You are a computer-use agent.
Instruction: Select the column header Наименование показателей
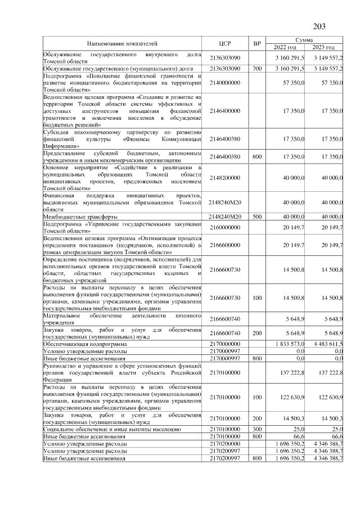tap(122, 43)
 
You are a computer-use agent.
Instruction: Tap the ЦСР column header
tap(225, 43)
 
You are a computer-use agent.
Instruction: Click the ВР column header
tap(257, 43)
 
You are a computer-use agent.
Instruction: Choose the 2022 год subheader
tap(287, 47)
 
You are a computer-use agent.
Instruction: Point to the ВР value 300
tap(257, 429)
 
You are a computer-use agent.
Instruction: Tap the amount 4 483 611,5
tap(326, 343)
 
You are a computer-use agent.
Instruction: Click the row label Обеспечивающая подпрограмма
tap(85, 343)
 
